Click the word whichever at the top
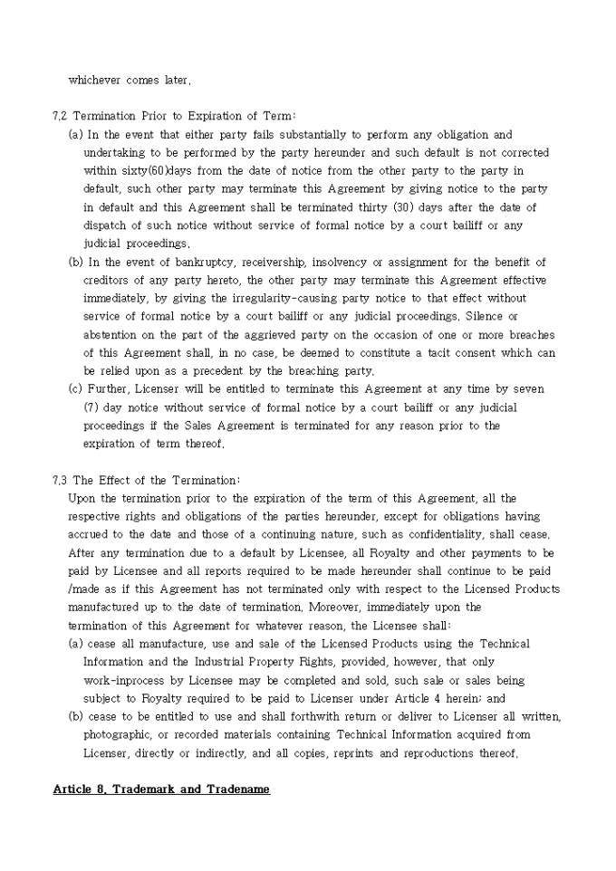(x=94, y=81)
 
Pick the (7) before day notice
(x=92, y=407)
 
